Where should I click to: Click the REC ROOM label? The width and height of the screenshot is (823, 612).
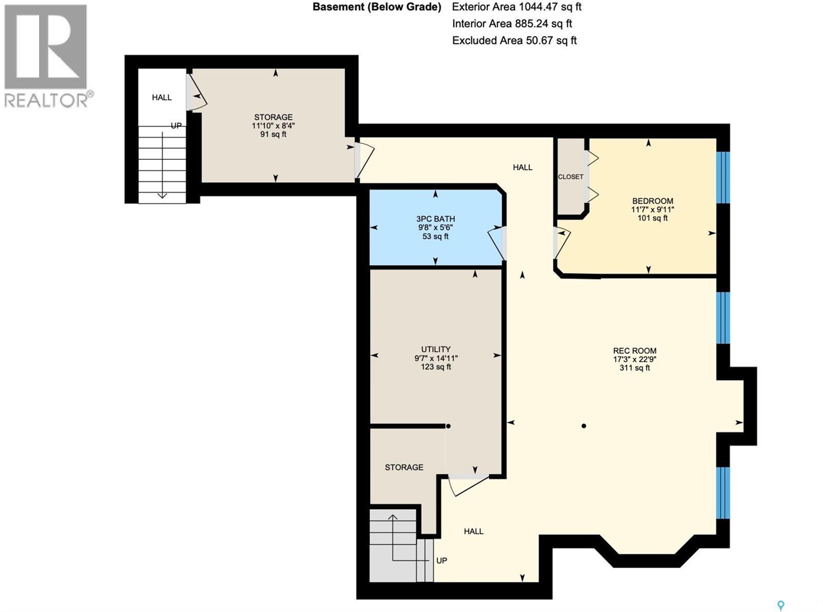point(634,351)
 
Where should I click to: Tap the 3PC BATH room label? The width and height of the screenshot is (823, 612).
point(435,219)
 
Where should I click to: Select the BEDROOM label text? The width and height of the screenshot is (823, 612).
point(652,201)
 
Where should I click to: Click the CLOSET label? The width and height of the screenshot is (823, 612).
point(570,177)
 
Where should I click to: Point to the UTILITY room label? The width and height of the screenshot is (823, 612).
point(436,349)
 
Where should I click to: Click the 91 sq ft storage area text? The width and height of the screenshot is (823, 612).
point(273,134)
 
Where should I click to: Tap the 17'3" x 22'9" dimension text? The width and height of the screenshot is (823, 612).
point(634,360)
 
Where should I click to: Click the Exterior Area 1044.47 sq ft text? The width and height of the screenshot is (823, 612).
point(516,7)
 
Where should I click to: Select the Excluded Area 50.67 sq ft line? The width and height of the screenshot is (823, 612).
point(514,41)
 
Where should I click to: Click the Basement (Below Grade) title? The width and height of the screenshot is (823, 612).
point(377,7)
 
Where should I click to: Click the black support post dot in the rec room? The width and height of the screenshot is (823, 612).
point(584,426)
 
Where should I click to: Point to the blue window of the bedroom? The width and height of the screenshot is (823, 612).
point(723,177)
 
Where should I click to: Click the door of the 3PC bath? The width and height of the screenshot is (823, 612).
point(498,243)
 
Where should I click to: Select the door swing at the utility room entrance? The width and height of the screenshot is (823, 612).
point(467,486)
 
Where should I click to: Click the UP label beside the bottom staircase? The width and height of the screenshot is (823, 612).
point(441,561)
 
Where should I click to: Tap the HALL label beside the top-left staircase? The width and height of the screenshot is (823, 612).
point(162,98)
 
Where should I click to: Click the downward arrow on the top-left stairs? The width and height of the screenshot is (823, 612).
point(162,194)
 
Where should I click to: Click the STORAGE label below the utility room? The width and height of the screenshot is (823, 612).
point(404,467)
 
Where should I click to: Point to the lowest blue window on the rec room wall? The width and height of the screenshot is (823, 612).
point(723,493)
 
